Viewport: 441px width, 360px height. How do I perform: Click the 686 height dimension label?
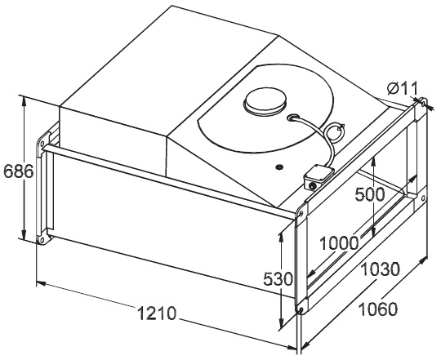19,171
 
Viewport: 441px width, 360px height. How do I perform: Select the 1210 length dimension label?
157,313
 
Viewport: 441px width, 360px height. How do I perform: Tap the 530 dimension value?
278,279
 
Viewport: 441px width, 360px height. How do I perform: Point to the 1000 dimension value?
340,242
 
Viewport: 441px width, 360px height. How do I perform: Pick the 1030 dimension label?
380,269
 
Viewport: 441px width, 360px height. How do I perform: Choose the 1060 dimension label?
378,309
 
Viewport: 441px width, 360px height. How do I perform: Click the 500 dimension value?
370,194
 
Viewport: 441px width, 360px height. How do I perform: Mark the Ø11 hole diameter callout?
403,88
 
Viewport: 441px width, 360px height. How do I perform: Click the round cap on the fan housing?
265,102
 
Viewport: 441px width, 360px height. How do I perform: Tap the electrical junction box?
318,177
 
